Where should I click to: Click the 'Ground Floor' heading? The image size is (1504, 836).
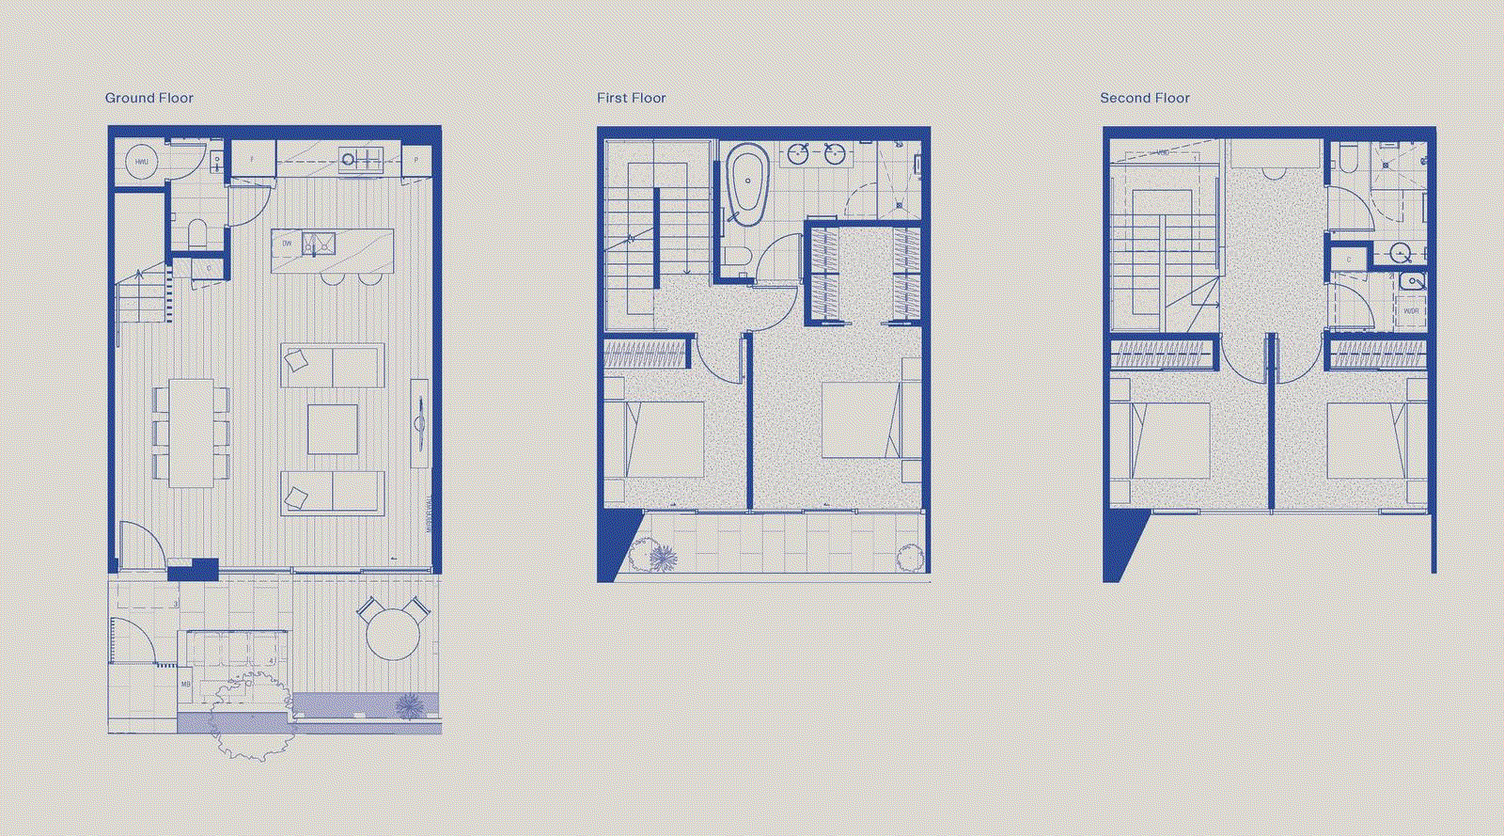[149, 98]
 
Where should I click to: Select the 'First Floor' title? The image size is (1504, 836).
[631, 98]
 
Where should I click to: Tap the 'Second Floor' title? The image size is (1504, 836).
[1144, 98]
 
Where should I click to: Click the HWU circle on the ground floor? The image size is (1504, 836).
[142, 162]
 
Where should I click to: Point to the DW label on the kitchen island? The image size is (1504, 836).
[287, 244]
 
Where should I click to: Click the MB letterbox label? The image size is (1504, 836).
[185, 685]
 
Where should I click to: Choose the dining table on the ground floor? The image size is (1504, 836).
[192, 433]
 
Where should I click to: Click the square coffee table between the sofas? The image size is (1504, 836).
[332, 430]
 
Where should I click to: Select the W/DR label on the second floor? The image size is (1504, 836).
[1411, 310]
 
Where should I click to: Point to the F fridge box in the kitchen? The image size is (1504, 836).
[253, 159]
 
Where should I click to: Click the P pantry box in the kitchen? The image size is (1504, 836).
[415, 160]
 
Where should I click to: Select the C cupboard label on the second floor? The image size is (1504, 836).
[1349, 259]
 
